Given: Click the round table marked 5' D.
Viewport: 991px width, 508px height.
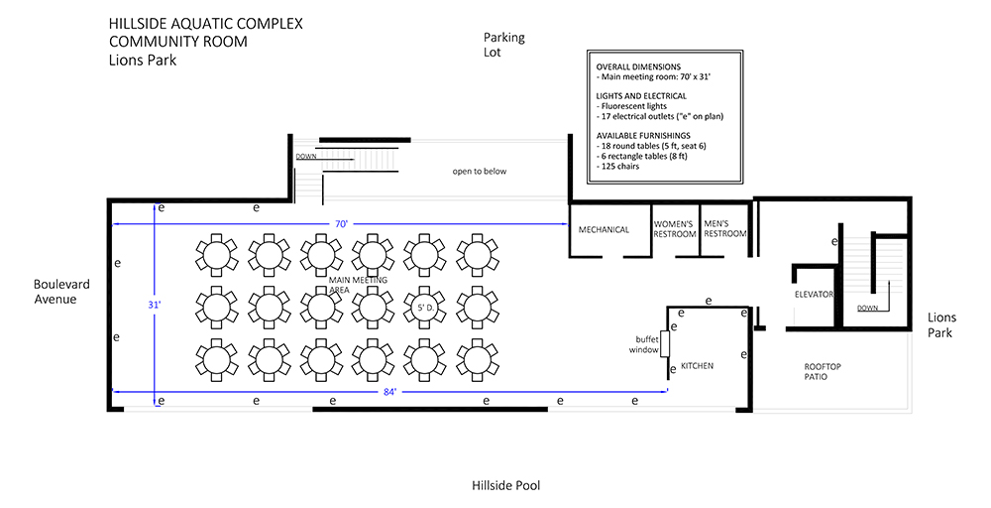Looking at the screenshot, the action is pos(424,309).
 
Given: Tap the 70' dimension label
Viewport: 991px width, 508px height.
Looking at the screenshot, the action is pos(341,224).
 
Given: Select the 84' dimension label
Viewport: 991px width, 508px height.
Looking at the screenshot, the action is pos(389,392).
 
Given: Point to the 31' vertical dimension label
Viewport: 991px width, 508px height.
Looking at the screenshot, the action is pos(155,305).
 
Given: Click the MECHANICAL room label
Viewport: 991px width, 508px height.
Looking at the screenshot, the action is pos(604,229).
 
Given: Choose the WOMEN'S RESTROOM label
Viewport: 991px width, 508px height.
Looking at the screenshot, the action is pos(674,229).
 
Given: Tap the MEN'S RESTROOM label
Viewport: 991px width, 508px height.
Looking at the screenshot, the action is pos(725,228).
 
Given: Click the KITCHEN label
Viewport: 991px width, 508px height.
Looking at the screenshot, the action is pos(697,366).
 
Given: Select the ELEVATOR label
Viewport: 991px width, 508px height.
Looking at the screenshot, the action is pos(814,294).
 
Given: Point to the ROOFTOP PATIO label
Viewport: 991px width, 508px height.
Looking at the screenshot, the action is pos(823,371).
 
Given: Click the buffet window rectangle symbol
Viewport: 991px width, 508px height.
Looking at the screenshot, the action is pos(665,344).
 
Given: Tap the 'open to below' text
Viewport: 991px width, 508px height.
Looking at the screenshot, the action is pos(479,172).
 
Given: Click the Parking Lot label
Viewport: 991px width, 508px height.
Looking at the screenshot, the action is pos(503,45).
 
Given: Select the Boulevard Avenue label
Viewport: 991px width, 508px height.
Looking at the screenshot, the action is pos(61,292).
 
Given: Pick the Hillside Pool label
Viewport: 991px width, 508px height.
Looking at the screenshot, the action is pos(505,486).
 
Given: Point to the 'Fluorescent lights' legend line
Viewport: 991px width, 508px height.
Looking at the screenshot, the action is pos(631,106).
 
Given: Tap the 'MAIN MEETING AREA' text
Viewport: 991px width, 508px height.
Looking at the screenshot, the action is pos(359,285).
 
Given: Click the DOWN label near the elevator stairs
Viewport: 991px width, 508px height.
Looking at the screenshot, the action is pos(867,309).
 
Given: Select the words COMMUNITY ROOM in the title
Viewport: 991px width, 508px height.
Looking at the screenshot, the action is pos(178,42).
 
